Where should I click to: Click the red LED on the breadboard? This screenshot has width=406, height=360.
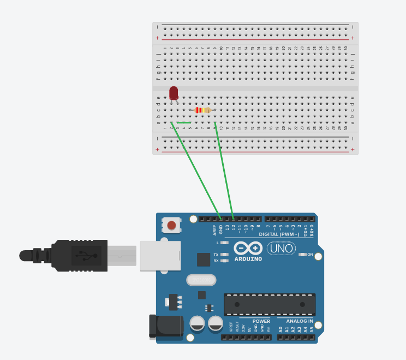click(174, 92)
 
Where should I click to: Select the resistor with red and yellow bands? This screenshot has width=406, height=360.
click(203, 110)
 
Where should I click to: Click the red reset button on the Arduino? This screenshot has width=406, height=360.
click(172, 225)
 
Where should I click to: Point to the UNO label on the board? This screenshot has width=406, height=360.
click(281, 249)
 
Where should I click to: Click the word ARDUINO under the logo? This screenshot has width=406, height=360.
click(249, 259)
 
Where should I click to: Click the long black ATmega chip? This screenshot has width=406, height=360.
click(270, 304)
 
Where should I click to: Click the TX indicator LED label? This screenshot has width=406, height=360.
click(216, 255)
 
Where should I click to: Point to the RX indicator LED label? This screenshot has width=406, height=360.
click(216, 261)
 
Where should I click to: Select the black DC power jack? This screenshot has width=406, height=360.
click(166, 327)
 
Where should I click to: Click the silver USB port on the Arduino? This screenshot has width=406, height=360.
click(160, 256)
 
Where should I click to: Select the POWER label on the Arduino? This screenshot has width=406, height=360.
click(261, 321)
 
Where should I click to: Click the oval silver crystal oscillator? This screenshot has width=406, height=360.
click(201, 280)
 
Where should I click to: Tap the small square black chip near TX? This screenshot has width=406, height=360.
click(204, 259)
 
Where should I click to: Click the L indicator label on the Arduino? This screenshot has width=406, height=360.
click(218, 242)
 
